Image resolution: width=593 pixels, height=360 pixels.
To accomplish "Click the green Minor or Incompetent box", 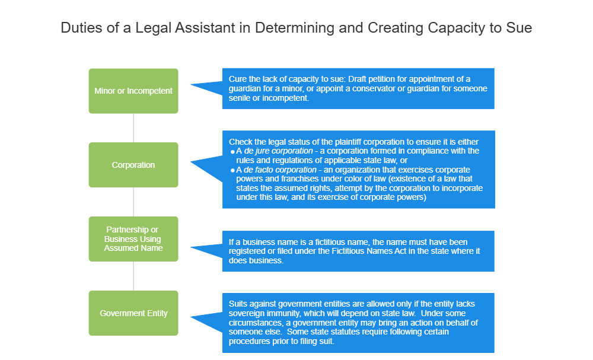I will click(x=133, y=91).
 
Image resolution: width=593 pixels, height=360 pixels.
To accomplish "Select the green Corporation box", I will click(x=133, y=165).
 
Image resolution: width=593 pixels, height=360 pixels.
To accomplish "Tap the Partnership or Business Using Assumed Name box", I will click(x=133, y=239).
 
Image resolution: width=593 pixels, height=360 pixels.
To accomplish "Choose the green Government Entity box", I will click(x=133, y=313).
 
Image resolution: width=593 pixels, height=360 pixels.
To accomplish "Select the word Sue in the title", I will click(x=518, y=28).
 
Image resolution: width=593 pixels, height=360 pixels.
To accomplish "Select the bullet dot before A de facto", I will click(x=232, y=170).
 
